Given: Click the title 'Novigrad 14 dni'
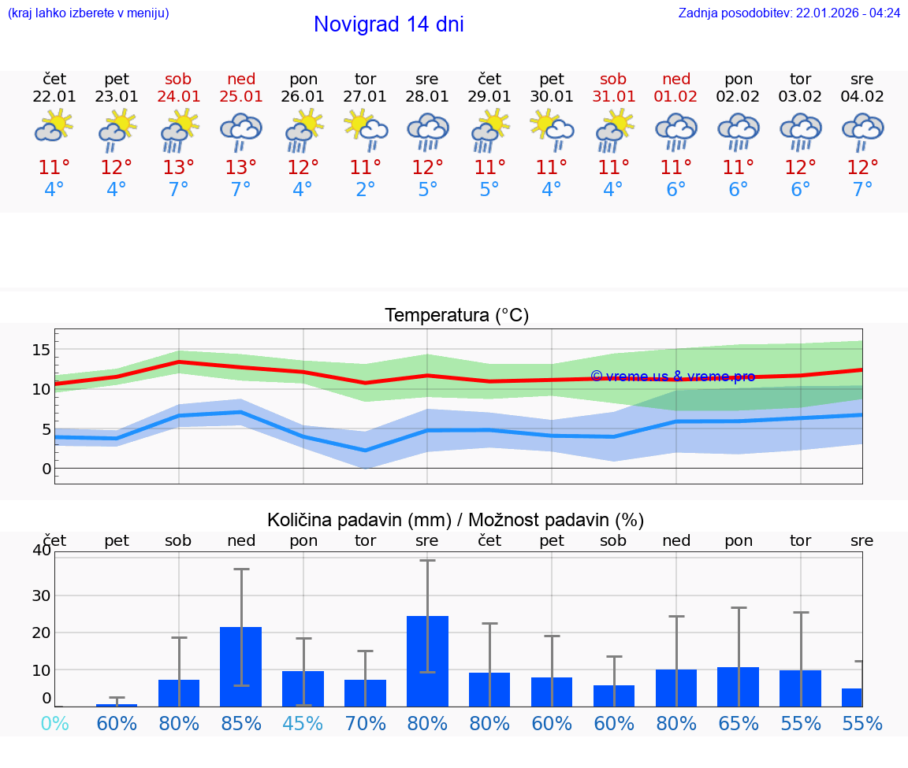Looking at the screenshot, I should [389, 24].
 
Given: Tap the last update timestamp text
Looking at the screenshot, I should [789, 13].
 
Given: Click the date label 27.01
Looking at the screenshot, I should [365, 97].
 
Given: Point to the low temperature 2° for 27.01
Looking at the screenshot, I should [365, 190].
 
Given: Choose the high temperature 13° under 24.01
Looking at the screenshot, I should [179, 168].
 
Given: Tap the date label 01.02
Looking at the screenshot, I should [675, 97].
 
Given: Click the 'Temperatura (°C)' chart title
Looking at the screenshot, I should [456, 316].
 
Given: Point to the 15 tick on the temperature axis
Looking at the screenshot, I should [41, 349].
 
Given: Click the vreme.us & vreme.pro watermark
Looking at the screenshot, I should [672, 377].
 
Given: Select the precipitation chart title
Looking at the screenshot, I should [456, 520].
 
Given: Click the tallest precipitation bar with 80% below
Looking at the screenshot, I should [427, 661].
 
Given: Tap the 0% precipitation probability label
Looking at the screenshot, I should [54, 723].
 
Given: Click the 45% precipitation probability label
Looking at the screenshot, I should [303, 723].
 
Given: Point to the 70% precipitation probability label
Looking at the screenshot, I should [365, 723].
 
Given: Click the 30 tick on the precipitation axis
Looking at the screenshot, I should [41, 595].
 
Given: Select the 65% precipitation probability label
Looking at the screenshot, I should [739, 723].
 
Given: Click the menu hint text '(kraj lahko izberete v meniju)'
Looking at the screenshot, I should [88, 13].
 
